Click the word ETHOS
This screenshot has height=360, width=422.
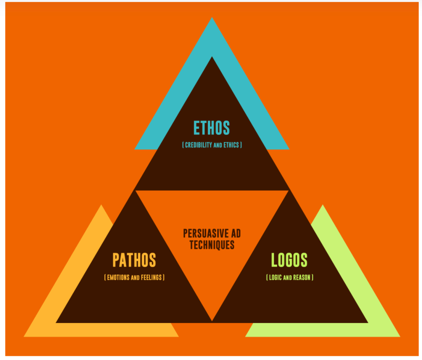[x=211, y=128]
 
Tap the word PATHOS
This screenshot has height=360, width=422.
[x=134, y=260]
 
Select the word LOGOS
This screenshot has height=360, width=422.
[x=289, y=260]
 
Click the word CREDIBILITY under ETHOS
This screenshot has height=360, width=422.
[x=199, y=145]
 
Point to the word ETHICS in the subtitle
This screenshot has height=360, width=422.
[x=231, y=145]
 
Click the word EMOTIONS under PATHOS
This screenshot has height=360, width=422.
[x=118, y=277]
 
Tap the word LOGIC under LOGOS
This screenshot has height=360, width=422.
[x=275, y=277]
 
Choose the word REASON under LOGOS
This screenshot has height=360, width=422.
[x=302, y=277]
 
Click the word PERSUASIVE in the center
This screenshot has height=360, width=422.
[x=206, y=234]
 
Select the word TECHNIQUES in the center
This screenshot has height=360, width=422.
[x=212, y=245]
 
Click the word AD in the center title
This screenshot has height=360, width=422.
[x=236, y=234]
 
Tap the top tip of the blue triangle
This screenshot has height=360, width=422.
[x=212, y=17]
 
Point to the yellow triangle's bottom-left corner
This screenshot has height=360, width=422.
[x=24, y=337]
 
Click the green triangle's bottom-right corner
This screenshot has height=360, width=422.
[x=400, y=337]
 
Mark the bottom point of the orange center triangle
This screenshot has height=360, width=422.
[x=212, y=321]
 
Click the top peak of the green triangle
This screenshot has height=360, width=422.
[x=322, y=205]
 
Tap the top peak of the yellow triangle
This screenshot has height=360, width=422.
[x=101, y=205]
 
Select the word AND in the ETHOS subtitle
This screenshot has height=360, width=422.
[x=218, y=145]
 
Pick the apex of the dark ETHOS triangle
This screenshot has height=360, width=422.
[x=212, y=56]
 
